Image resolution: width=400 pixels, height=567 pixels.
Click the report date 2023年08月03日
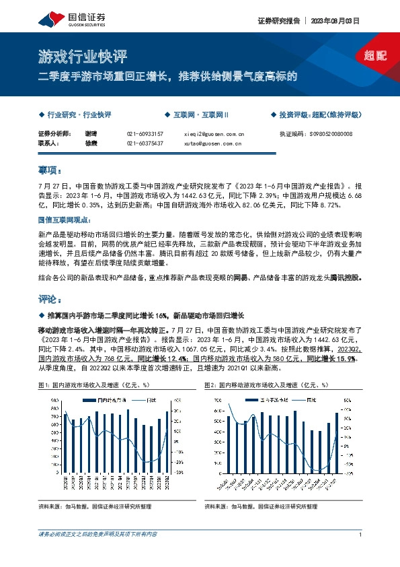[x=334, y=21]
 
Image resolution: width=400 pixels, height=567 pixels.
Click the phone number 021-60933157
[x=145, y=134]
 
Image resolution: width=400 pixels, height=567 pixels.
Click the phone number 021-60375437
[x=145, y=143]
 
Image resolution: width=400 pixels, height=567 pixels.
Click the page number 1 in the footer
[x=361, y=535]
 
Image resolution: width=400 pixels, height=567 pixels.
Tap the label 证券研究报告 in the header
[x=278, y=21]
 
